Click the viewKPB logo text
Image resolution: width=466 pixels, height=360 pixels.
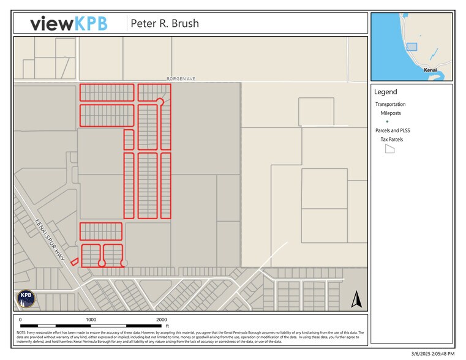(x=69, y=23)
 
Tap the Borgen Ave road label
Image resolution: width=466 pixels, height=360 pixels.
(x=181, y=79)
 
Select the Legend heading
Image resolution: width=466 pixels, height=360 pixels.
(x=386, y=92)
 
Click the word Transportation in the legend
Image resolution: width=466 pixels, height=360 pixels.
(x=390, y=104)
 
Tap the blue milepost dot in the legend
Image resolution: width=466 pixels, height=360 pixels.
(x=386, y=122)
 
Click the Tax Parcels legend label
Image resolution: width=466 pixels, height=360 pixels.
(x=393, y=140)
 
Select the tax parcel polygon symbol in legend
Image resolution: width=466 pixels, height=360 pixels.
(x=389, y=149)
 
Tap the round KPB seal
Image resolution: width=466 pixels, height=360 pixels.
(x=26, y=298)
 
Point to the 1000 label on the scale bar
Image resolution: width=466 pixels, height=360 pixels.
(x=91, y=320)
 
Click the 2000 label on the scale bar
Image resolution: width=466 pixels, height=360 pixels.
(x=161, y=320)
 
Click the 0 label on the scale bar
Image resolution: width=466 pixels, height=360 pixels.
(x=20, y=320)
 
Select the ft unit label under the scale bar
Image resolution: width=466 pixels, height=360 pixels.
(x=167, y=326)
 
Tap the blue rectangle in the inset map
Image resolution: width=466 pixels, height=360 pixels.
(x=412, y=47)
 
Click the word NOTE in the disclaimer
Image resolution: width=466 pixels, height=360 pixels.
(x=22, y=332)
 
